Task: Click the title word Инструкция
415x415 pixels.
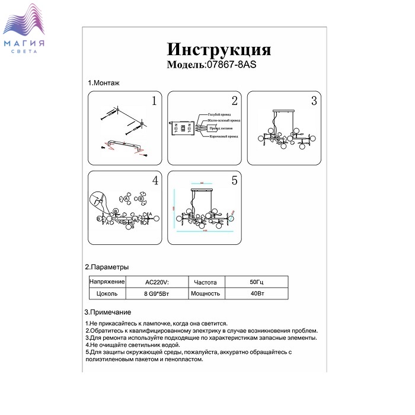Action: click(x=219, y=49)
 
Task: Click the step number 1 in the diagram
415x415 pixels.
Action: click(x=154, y=101)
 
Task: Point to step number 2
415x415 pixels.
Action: click(x=234, y=101)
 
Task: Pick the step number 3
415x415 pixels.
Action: click(x=314, y=101)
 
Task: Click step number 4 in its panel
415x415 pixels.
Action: click(x=154, y=180)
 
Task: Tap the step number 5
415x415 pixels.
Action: click(x=234, y=180)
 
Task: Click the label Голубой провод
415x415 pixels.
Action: click(x=219, y=114)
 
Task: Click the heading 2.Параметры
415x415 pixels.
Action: click(x=107, y=267)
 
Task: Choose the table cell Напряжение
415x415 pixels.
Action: click(x=107, y=282)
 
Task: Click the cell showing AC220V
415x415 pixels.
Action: click(x=157, y=282)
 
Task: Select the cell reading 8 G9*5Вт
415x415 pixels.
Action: click(x=157, y=293)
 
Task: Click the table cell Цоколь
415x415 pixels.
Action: click(x=107, y=293)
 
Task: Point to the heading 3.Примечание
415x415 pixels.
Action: click(x=108, y=312)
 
